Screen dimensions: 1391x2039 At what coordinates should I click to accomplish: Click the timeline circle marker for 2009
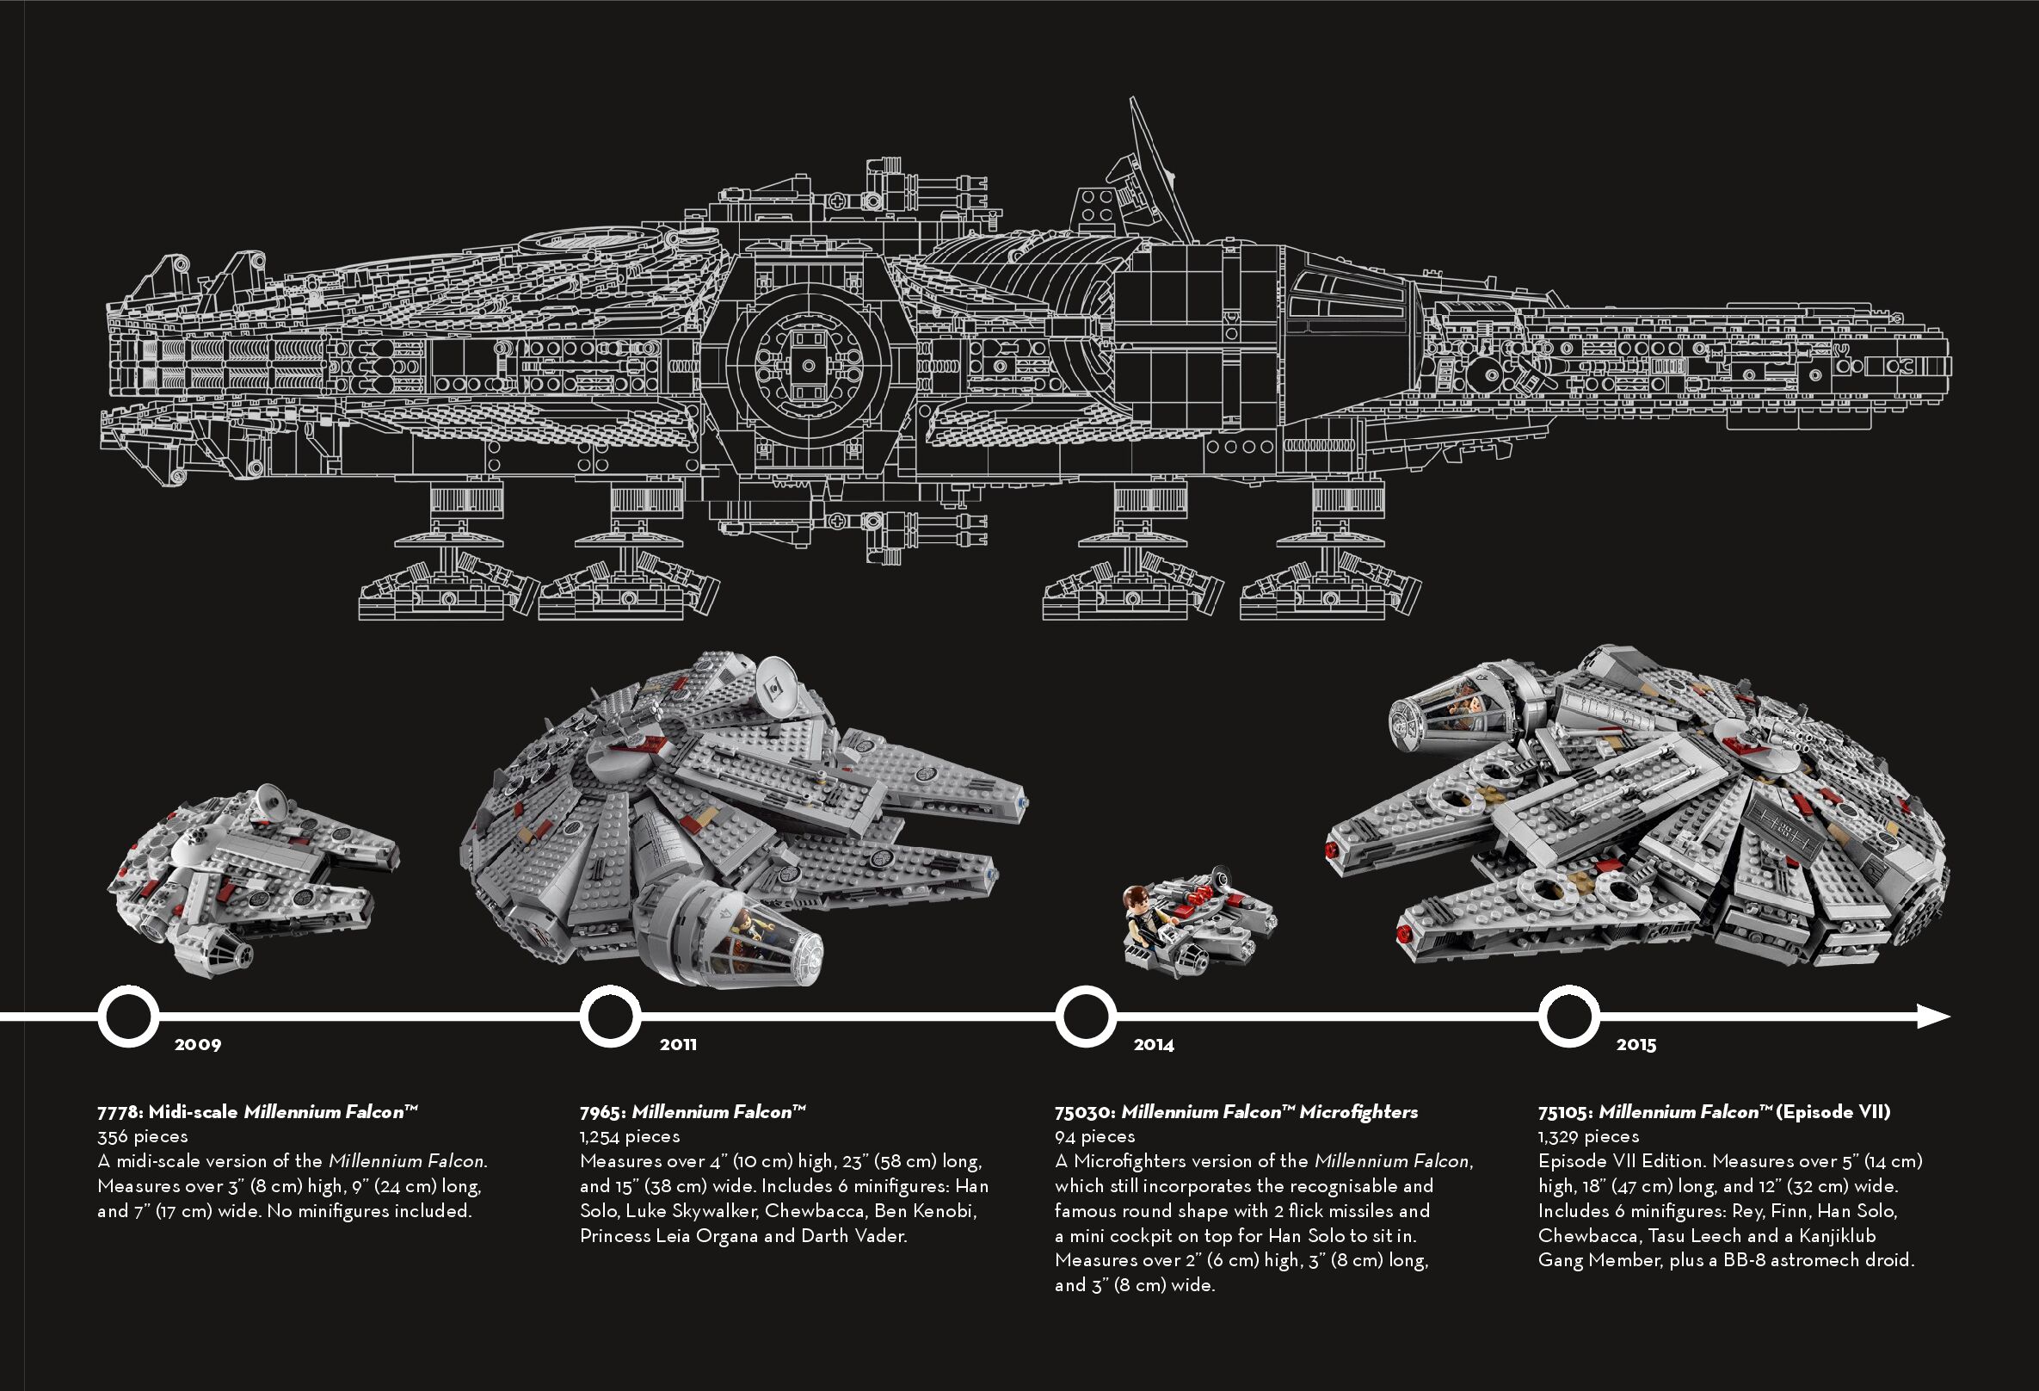coord(128,1017)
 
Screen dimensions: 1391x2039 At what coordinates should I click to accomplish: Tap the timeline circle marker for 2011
coord(610,1017)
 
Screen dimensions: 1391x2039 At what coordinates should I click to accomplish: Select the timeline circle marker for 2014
coord(1085,1017)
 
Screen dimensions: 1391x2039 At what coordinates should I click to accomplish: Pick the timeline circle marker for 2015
coord(1568,1017)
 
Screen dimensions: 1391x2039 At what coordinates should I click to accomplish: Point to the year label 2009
coord(197,1044)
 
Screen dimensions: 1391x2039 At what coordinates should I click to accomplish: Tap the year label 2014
coord(1153,1044)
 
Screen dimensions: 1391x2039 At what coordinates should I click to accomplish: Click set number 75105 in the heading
coord(1566,1112)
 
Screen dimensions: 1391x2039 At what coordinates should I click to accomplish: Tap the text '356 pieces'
coord(142,1136)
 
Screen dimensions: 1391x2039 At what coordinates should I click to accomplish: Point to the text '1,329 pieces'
coord(1588,1136)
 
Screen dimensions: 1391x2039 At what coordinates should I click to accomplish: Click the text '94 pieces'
coord(1094,1136)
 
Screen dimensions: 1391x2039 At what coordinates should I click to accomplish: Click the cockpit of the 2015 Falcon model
coord(1438,715)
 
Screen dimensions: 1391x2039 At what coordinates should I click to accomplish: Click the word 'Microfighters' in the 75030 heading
coord(1358,1112)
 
